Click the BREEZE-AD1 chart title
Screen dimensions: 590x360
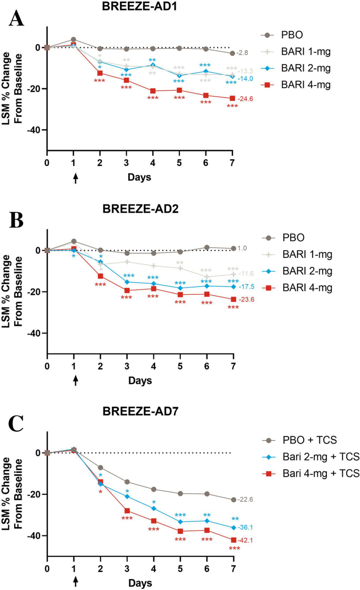click(140, 7)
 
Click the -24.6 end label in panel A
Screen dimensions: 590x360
click(244, 99)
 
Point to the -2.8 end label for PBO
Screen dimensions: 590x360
click(242, 53)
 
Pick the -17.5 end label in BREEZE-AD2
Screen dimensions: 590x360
click(244, 287)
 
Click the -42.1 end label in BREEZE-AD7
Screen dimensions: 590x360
click(244, 540)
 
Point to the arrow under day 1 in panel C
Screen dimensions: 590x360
click(75, 581)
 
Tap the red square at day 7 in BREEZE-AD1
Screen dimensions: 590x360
click(232, 98)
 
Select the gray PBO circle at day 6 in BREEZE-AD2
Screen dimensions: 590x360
click(206, 247)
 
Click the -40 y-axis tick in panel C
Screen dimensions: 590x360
click(35, 536)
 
